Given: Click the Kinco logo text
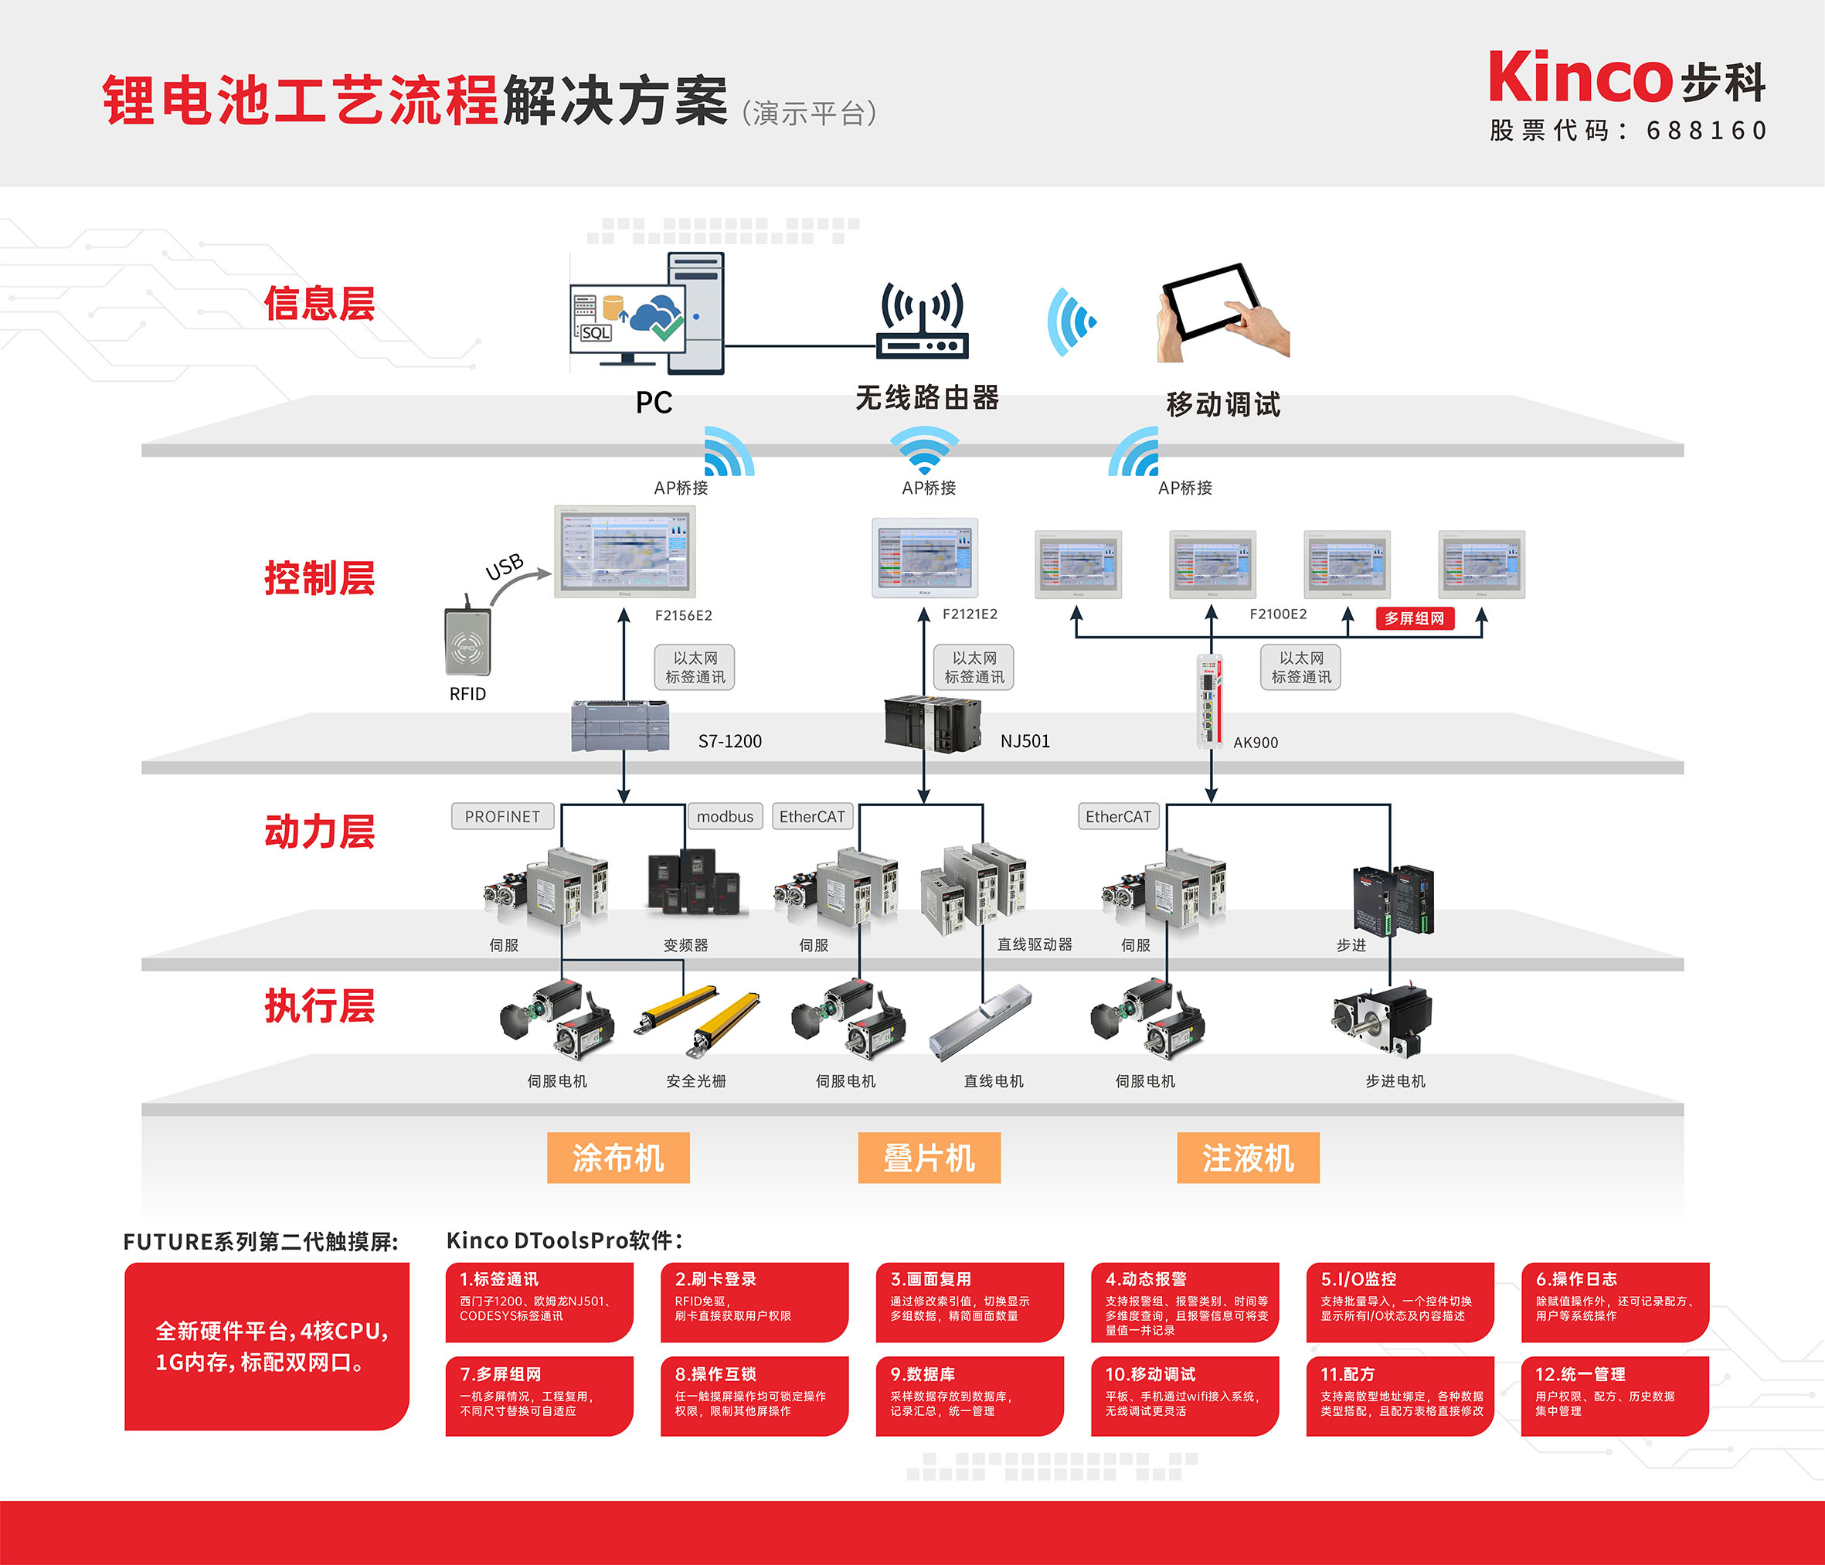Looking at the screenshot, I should (x=1580, y=77).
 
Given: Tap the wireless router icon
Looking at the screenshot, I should (x=923, y=321).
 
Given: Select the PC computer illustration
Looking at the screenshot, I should (x=648, y=314).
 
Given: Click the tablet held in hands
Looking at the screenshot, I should (x=1220, y=308).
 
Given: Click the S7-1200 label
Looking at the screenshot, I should (x=729, y=741).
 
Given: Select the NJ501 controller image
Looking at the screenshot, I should (x=932, y=723).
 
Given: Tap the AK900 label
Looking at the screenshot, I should (x=1255, y=743).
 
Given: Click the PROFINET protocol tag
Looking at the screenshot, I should (x=502, y=817).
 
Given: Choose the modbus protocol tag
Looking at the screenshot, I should (x=724, y=817).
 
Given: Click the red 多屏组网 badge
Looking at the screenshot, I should (x=1414, y=618).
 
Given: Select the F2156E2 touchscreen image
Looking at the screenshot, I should (x=624, y=553).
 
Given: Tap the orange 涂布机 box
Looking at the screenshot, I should (x=617, y=1158).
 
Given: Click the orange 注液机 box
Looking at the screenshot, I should (x=1247, y=1158).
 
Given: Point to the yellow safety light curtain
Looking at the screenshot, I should (x=697, y=1021).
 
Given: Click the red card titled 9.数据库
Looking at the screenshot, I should (x=969, y=1395).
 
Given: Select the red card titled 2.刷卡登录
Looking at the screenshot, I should (x=754, y=1301).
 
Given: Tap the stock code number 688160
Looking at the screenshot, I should (x=1706, y=131).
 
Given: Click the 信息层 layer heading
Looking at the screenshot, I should (x=320, y=304).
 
